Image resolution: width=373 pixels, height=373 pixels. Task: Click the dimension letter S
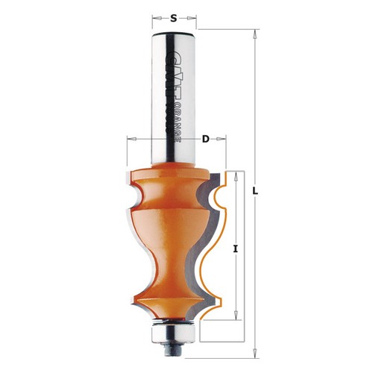coord(174,18)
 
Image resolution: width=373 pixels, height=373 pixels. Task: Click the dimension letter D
coord(205,140)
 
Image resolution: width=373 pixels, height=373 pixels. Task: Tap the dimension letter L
coord(255,191)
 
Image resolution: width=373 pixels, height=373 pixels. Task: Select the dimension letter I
coord(235,248)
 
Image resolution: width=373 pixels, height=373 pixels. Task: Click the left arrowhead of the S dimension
coord(156,18)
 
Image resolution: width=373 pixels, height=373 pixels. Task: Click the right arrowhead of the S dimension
coord(192,18)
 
